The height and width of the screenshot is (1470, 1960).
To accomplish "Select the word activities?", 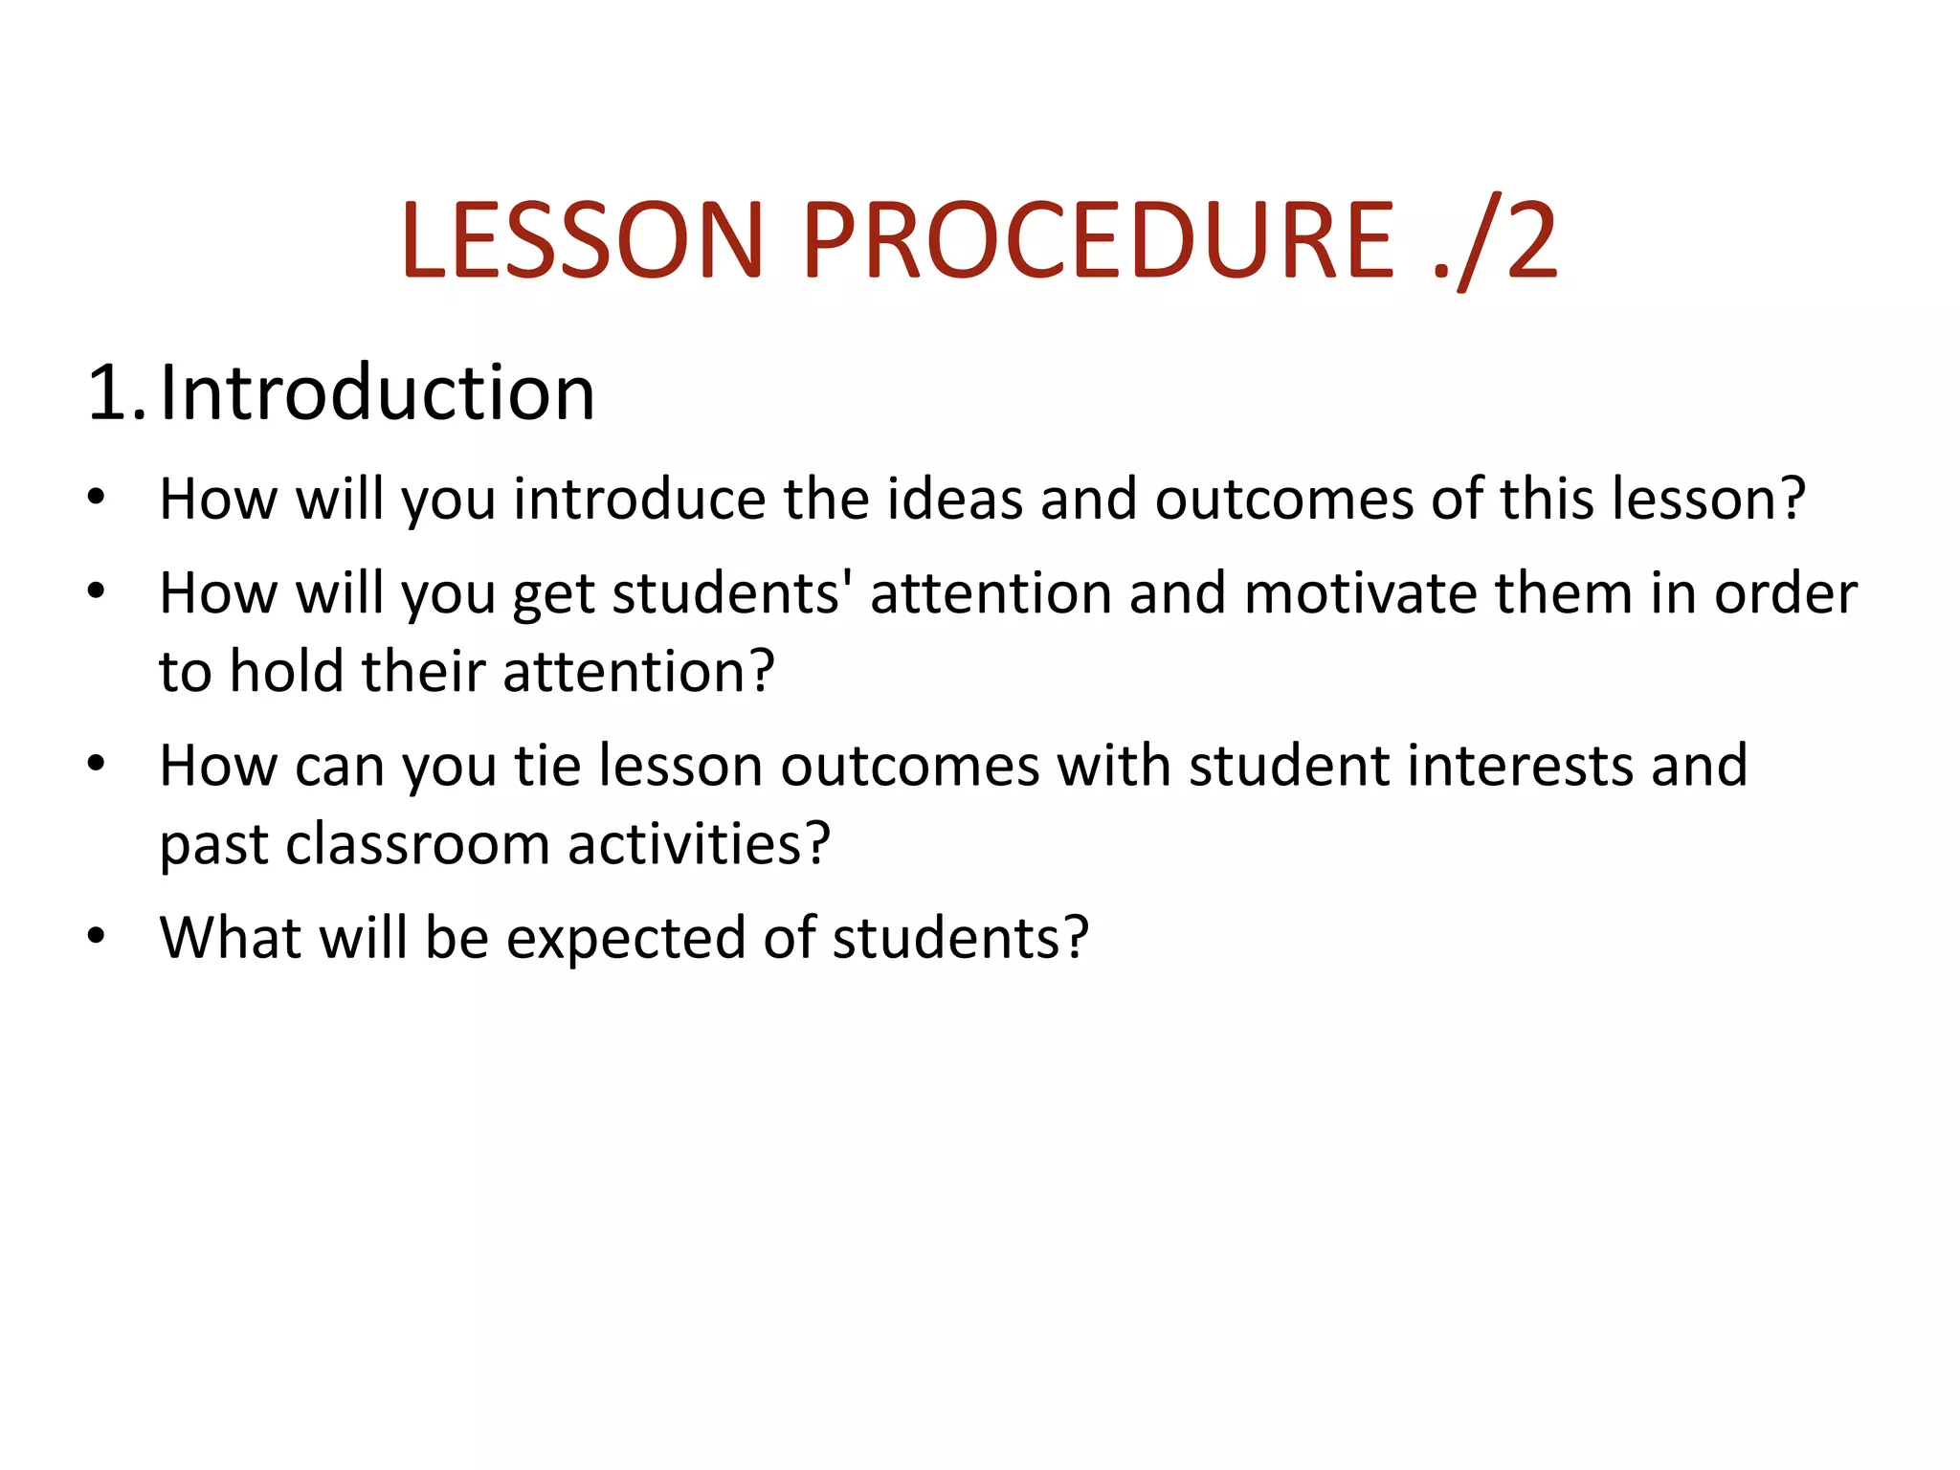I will click(698, 844).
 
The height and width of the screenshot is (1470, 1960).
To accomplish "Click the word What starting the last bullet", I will click(230, 937).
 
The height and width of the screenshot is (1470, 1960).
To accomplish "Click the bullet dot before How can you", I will click(95, 764).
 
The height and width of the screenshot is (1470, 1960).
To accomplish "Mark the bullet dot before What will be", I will click(95, 935).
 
